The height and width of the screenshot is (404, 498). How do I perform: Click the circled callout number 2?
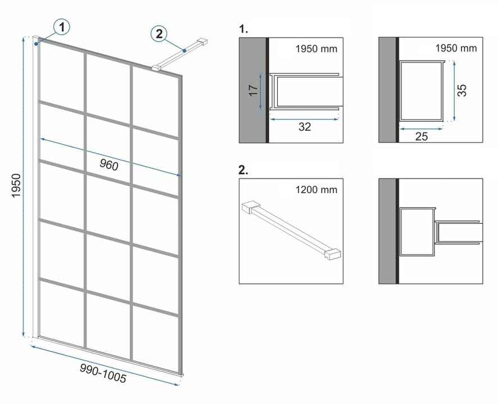tap(159, 34)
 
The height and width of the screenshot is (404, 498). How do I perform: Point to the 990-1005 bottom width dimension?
tap(103, 373)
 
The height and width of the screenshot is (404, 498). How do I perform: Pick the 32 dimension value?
tap(304, 127)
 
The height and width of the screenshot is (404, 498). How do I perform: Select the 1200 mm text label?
tap(316, 190)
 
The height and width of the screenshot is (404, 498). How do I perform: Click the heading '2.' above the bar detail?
tap(243, 171)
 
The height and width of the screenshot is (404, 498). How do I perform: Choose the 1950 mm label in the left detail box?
tap(316, 49)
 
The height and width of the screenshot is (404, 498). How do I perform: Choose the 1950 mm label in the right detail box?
tap(456, 48)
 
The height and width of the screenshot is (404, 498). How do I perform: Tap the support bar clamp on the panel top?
tap(156, 67)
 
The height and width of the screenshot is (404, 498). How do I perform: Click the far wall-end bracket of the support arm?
tap(203, 41)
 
